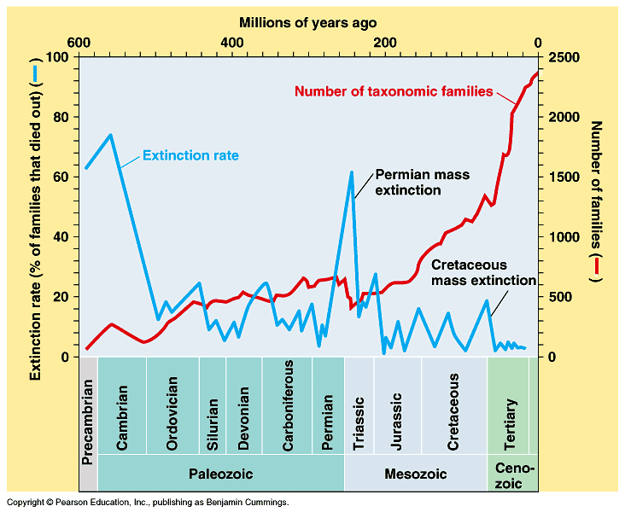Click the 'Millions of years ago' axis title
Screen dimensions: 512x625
tap(307, 22)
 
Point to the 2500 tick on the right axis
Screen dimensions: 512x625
tap(565, 57)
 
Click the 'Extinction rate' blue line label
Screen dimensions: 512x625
tap(190, 155)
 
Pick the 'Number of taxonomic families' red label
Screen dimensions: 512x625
tap(394, 91)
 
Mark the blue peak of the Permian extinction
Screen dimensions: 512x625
tap(352, 172)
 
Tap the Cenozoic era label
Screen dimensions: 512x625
tap(513, 474)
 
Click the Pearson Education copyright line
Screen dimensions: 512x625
tap(148, 502)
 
